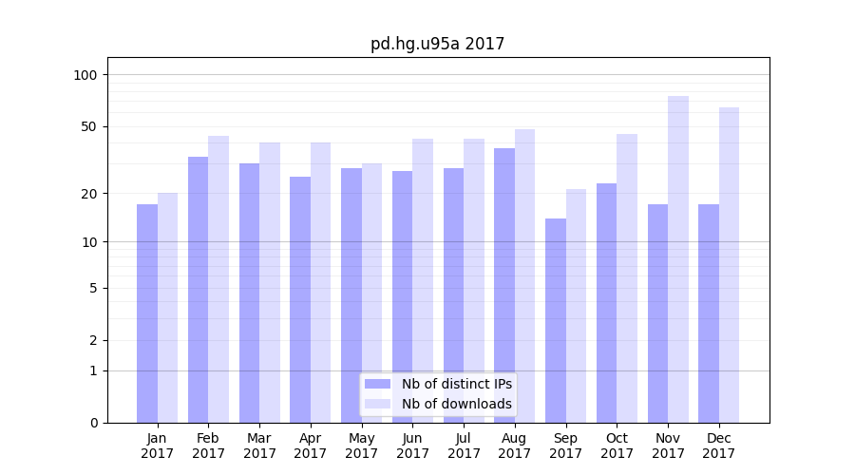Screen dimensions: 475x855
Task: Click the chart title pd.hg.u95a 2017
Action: point(437,44)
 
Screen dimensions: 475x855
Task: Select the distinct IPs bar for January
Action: point(147,313)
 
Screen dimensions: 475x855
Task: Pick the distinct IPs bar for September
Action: point(556,320)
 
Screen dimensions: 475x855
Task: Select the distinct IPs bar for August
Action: point(504,285)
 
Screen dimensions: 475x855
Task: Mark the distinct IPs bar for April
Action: point(300,299)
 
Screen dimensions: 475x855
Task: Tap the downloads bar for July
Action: point(474,280)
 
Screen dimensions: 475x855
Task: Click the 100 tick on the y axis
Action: point(86,75)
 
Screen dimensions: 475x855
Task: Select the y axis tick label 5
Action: point(94,288)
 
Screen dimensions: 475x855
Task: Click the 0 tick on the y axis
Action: point(94,423)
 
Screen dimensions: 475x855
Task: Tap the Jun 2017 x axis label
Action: point(412,446)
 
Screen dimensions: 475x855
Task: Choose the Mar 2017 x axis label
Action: point(259,446)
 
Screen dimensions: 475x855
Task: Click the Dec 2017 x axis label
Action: point(719,446)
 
